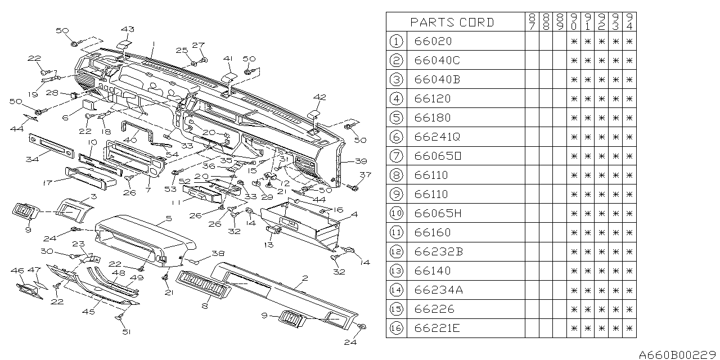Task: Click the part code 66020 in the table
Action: point(433,41)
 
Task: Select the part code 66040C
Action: point(436,60)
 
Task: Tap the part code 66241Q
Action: point(436,137)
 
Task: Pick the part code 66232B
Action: point(438,251)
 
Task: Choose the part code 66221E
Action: point(436,328)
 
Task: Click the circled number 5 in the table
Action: point(397,118)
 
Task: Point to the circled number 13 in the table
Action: point(397,271)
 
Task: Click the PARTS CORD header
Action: point(452,22)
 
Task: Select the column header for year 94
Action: point(629,22)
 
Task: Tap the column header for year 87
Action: point(532,22)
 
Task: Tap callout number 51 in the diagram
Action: point(127,331)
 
